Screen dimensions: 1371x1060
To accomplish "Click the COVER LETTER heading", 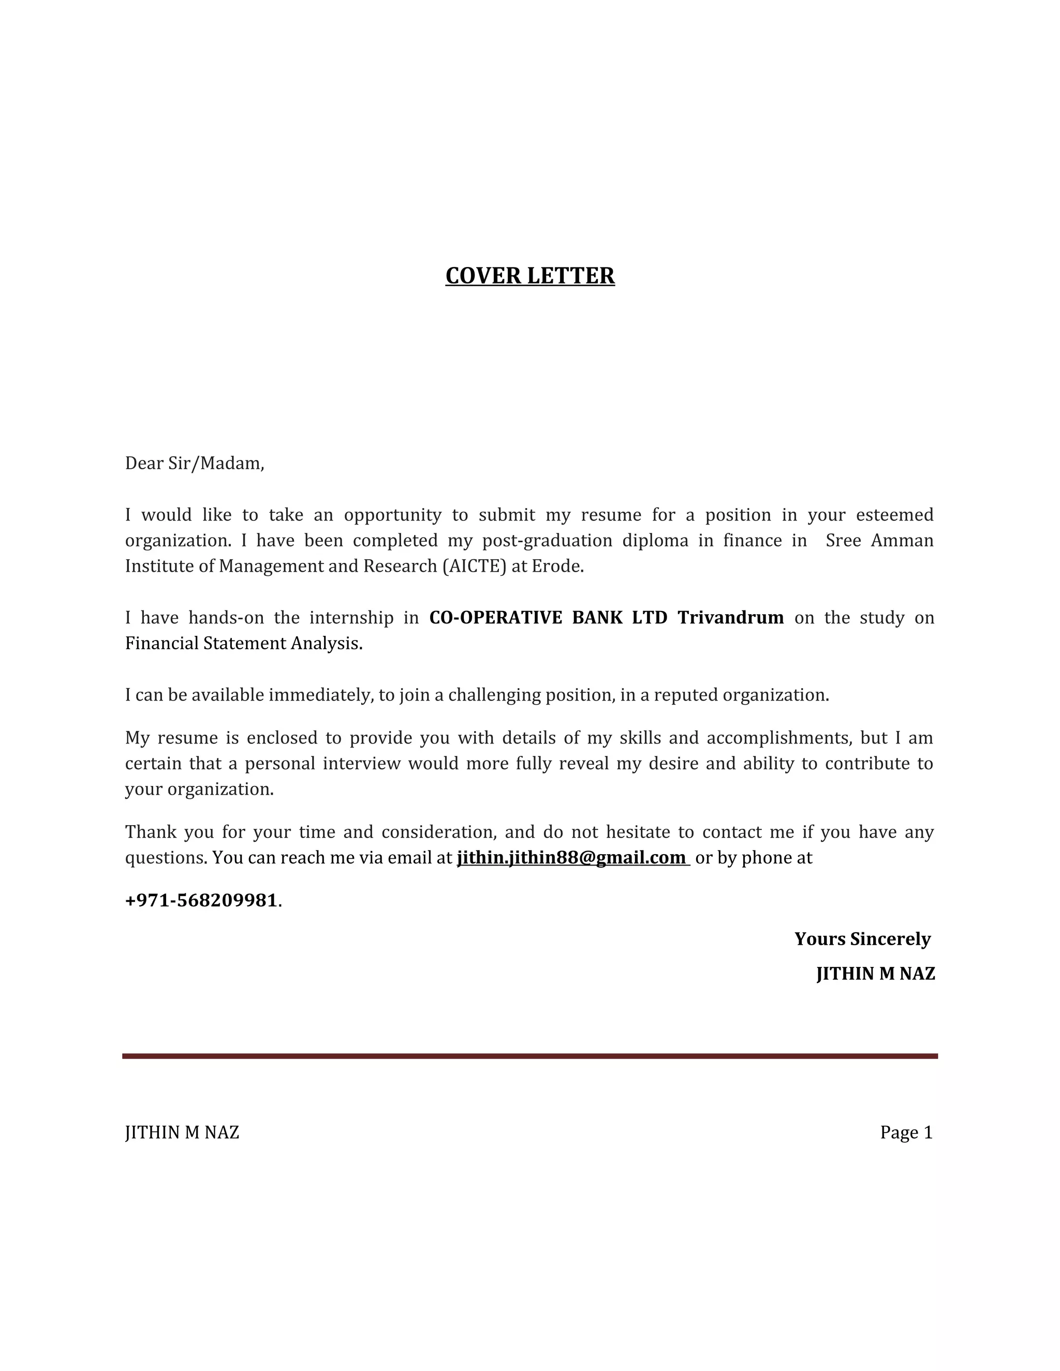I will pos(529,276).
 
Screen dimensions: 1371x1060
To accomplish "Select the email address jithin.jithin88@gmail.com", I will pos(571,857).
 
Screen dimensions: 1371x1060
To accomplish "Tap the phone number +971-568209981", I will pos(201,900).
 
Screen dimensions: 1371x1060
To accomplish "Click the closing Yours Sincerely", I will pos(862,938).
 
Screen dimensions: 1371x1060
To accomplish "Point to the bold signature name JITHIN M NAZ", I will pos(875,974).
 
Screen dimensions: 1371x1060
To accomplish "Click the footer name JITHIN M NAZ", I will pos(182,1132).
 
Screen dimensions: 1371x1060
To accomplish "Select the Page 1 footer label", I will pos(906,1132).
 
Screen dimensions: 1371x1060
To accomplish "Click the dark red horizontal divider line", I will pos(529,1056).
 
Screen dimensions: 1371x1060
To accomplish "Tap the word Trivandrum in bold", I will pos(730,618).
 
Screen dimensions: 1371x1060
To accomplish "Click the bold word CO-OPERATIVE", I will pos(495,618).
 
